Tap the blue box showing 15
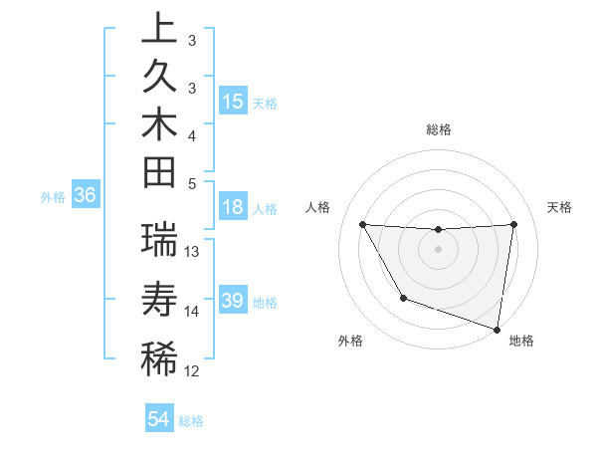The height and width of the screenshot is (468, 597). pyautogui.click(x=233, y=102)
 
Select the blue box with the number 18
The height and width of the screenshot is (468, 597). pyautogui.click(x=233, y=208)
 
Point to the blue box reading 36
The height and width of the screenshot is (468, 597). pyautogui.click(x=85, y=196)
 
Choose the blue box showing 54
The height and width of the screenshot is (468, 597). pyautogui.click(x=159, y=419)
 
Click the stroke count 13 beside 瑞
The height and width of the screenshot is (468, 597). pyautogui.click(x=193, y=252)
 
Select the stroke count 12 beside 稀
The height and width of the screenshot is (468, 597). pyautogui.click(x=193, y=371)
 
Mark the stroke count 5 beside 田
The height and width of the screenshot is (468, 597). pyautogui.click(x=192, y=182)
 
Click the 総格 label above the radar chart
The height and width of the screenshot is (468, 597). pyautogui.click(x=439, y=129)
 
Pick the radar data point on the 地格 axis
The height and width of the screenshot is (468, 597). pyautogui.click(x=496, y=328)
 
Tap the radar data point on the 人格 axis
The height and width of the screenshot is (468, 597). pyautogui.click(x=362, y=224)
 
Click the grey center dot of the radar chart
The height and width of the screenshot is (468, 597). pyautogui.click(x=439, y=249)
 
